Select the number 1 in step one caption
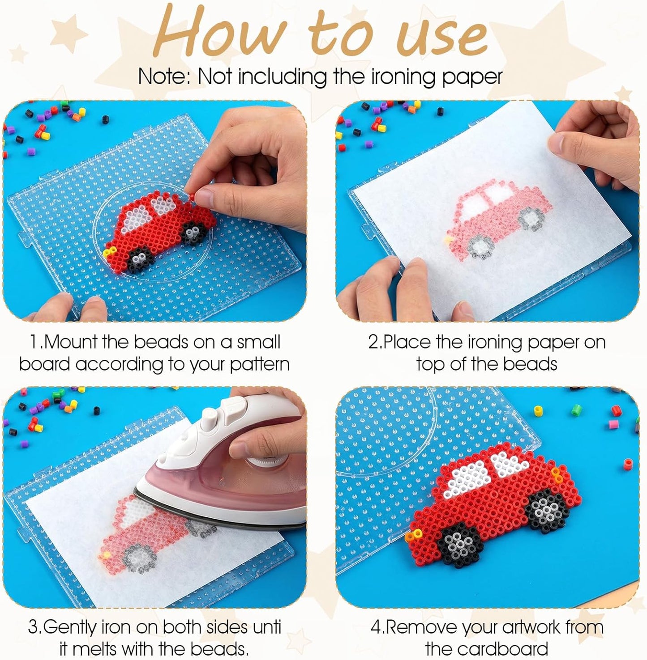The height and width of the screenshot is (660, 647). (34, 343)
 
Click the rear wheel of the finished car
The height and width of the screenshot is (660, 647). (545, 510)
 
